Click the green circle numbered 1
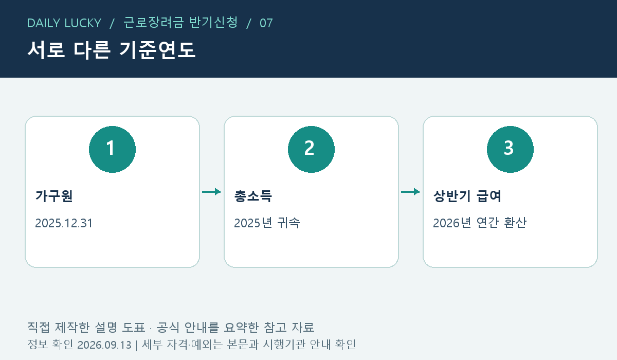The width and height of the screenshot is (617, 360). [113, 149]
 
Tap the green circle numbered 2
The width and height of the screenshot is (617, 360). [311, 149]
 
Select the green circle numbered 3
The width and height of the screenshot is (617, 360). [510, 149]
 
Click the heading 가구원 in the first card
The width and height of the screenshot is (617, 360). [54, 196]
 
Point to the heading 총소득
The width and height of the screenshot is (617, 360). [253, 196]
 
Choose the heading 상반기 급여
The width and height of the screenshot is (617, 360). [467, 196]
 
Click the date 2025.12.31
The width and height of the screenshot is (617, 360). [64, 223]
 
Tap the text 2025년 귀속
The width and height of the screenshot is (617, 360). [267, 223]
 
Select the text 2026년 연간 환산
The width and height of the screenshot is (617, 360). [480, 223]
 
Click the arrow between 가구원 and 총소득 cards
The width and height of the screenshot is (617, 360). [211, 192]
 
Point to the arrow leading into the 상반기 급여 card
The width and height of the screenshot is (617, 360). [410, 192]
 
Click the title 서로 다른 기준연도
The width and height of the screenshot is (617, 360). [112, 50]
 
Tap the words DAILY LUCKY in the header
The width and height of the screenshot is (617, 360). [64, 23]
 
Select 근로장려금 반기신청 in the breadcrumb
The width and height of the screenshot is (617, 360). [180, 23]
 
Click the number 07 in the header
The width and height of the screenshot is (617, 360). [266, 23]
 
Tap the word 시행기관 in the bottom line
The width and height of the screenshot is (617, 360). [284, 344]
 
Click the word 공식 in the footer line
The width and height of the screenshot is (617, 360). [168, 327]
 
